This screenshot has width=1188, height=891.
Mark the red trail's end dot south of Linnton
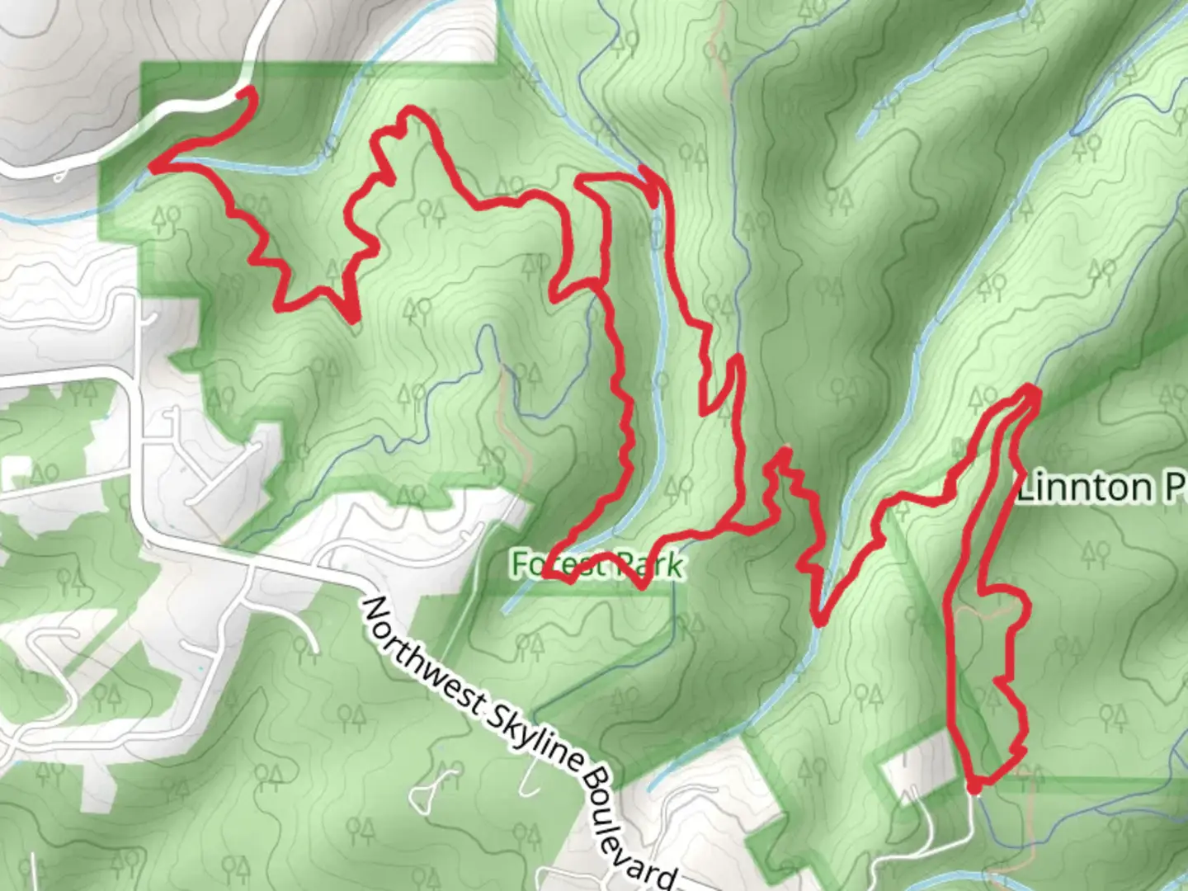coord(974,788)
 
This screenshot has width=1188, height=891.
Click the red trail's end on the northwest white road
coord(244,93)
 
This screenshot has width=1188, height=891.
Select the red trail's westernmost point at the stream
coord(153,167)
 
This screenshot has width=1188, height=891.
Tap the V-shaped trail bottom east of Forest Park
coord(818,620)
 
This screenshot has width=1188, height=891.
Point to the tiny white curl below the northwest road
coord(59,177)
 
